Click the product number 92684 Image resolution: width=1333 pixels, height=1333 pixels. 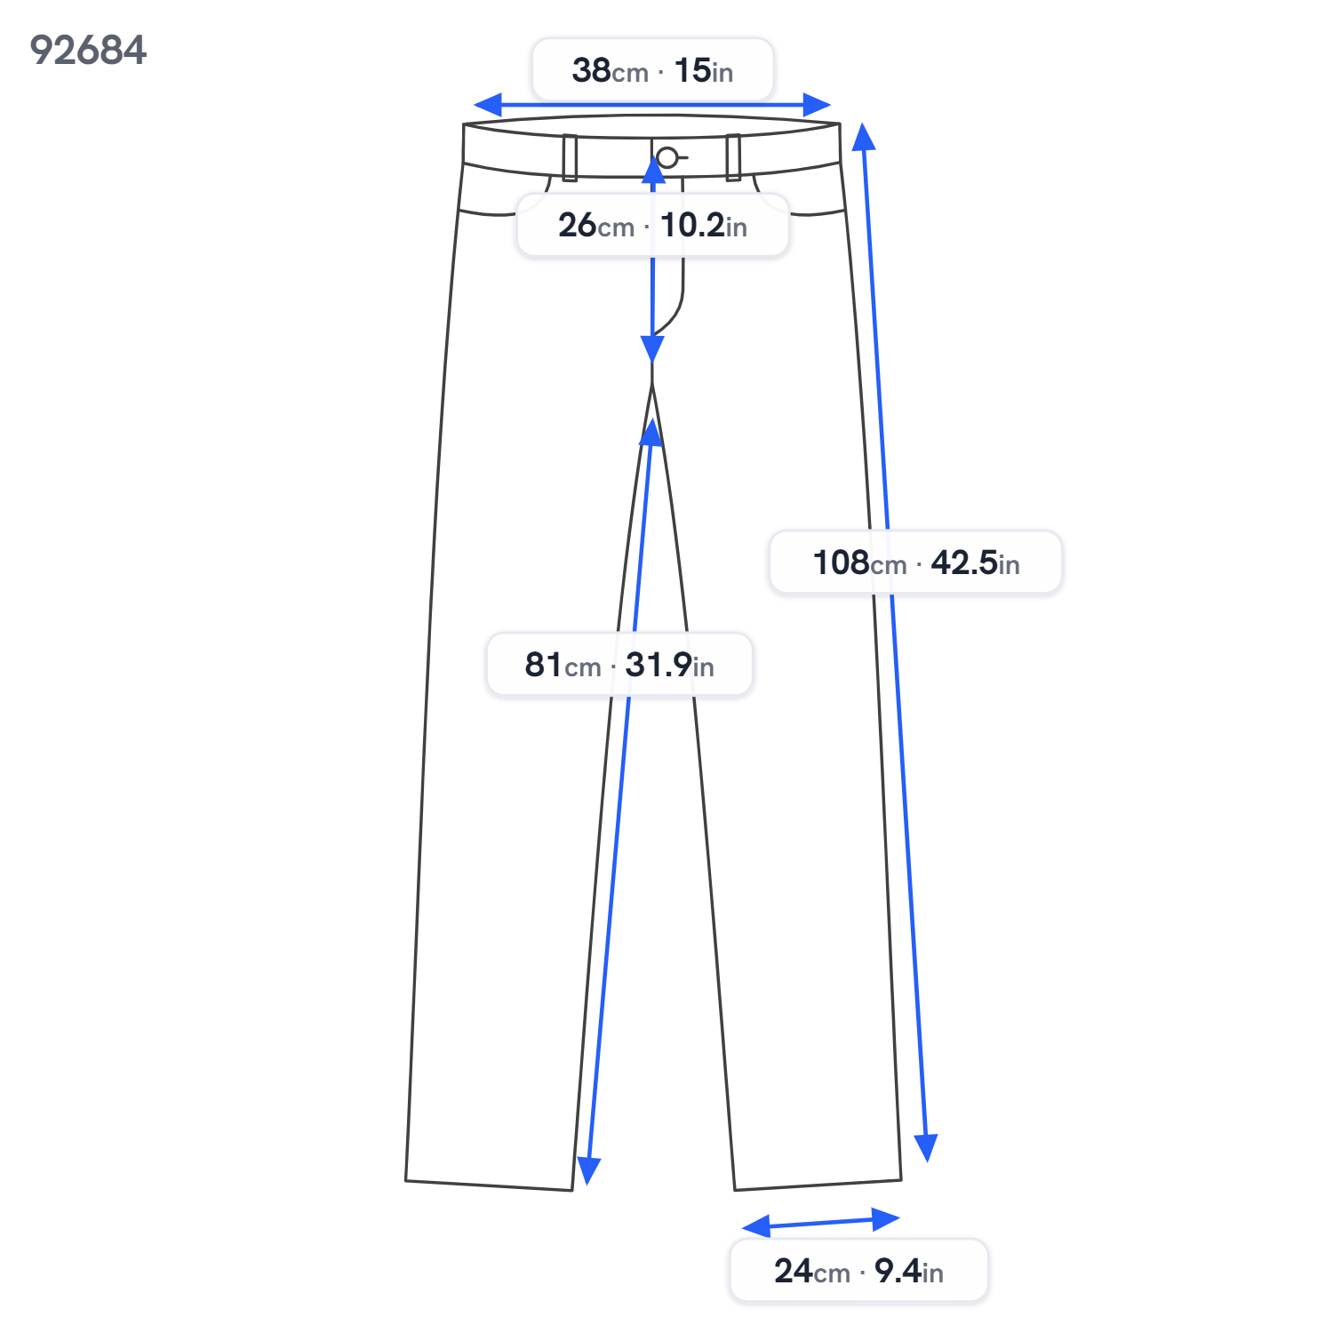(x=88, y=50)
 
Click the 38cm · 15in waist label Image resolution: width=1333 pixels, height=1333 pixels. (x=652, y=69)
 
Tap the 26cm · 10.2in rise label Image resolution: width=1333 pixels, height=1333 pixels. (x=652, y=225)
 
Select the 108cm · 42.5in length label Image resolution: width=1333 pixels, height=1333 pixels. (x=915, y=562)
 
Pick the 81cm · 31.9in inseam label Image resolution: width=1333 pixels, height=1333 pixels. (x=619, y=664)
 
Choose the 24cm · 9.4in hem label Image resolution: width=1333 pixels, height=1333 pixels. (x=858, y=1270)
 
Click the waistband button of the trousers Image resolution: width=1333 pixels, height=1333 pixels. (x=667, y=158)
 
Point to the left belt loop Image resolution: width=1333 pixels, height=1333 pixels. (x=570, y=157)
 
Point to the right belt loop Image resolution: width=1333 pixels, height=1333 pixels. (x=733, y=157)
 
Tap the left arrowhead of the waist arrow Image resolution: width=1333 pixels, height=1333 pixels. (x=488, y=105)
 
